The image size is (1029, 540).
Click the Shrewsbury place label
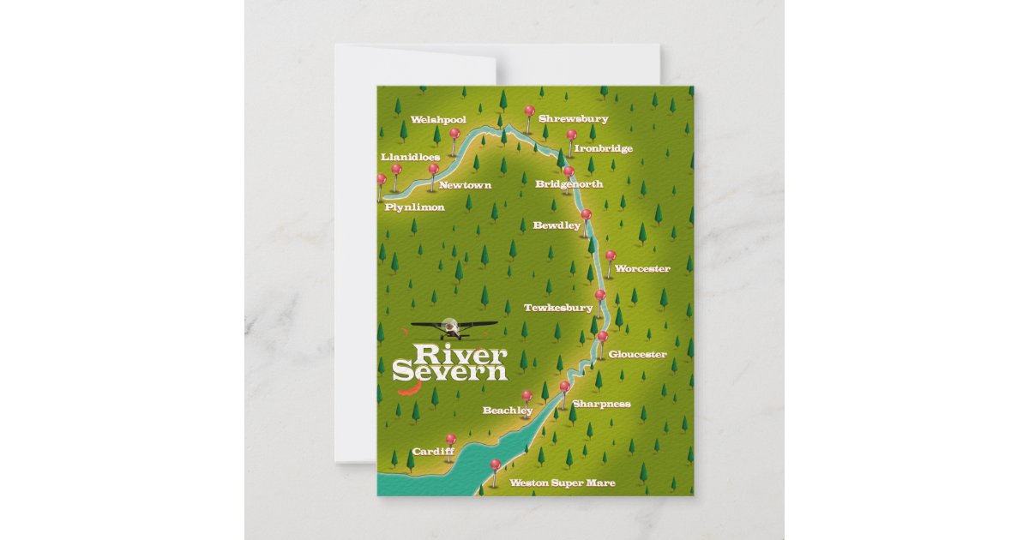pos(573,119)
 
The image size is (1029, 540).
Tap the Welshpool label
pos(438,120)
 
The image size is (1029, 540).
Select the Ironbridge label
pos(603,148)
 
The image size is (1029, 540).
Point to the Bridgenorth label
pos(569,184)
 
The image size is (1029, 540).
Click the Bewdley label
pos(557,225)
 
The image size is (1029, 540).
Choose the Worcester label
pos(642,269)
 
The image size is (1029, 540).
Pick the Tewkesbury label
pos(558,308)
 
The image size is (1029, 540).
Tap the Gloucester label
pos(637,354)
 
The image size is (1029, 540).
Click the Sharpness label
pos(601,404)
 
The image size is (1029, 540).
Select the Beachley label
pos(507,411)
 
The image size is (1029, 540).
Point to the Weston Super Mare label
pos(562,483)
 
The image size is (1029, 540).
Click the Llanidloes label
pos(410,158)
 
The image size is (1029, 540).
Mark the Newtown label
pos(465,185)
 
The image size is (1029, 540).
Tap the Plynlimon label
pos(414,207)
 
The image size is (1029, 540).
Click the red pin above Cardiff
pos(450,440)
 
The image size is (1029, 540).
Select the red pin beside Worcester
pos(611,256)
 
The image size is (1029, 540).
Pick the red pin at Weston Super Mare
pos(495,465)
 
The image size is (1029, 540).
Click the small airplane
pos(454,327)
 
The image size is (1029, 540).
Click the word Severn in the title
pos(449,373)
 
